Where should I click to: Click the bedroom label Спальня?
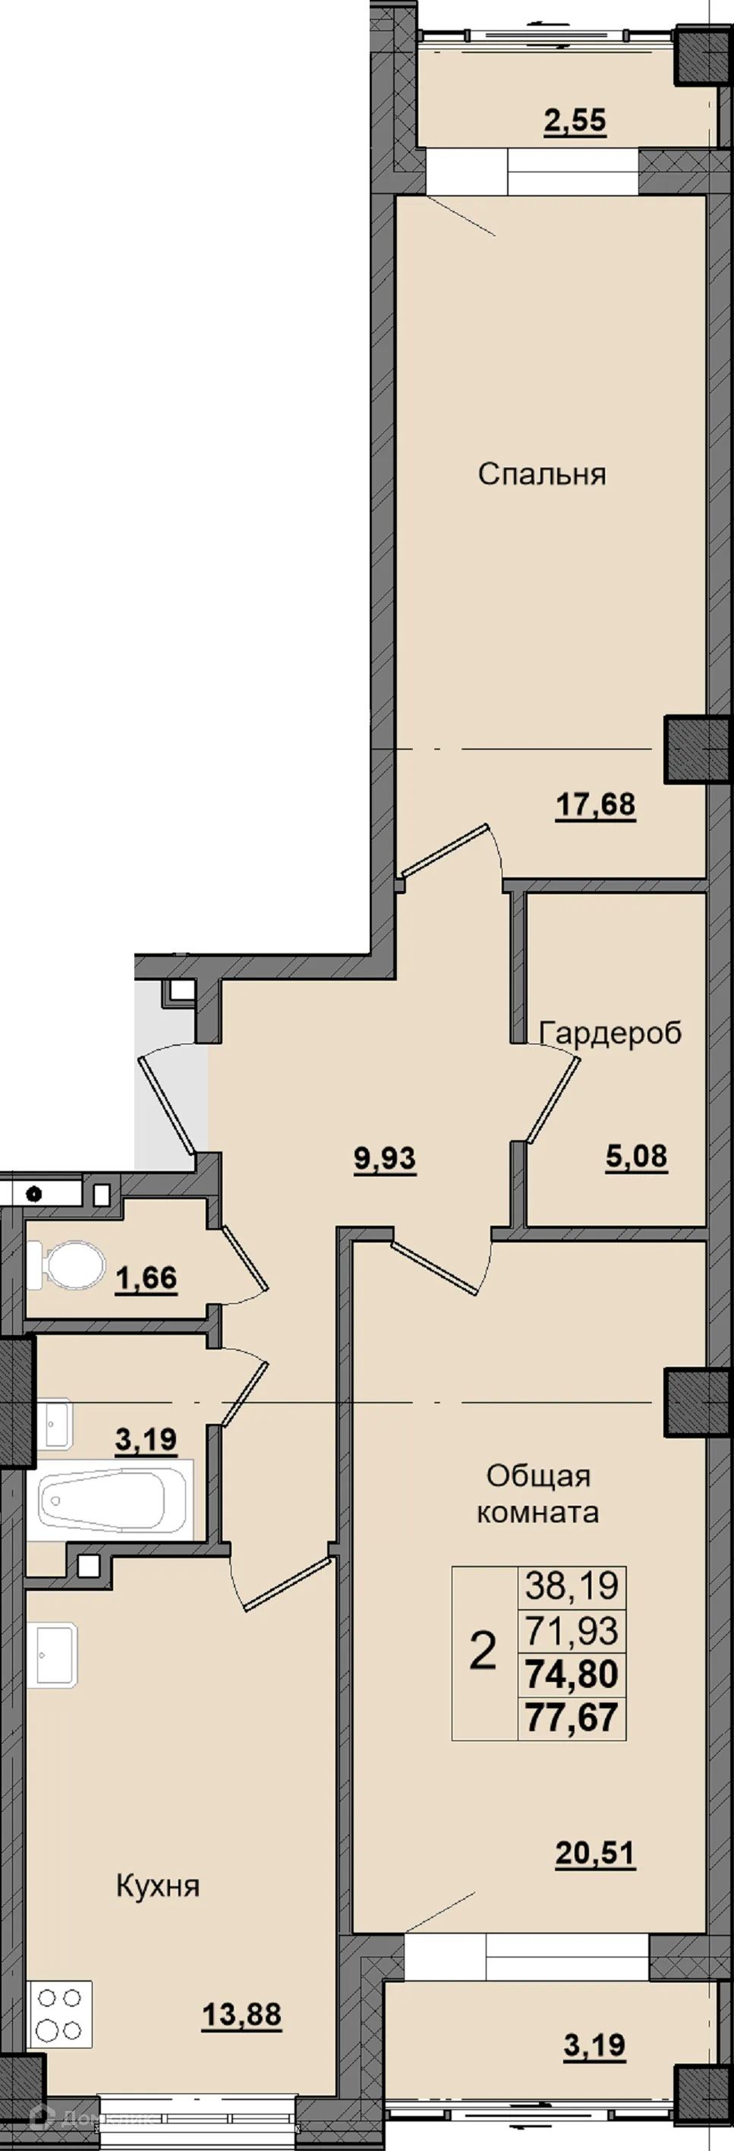point(541,474)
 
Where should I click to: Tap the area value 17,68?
point(595,805)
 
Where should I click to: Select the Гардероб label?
point(610,1033)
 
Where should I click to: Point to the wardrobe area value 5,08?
point(636,1157)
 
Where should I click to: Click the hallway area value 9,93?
point(385,1159)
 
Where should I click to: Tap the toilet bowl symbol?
point(67,1264)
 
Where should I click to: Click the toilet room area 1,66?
point(146,1278)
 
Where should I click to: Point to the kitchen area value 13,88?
point(241,2016)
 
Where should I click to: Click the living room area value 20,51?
point(595,1853)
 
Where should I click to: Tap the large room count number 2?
point(484,1651)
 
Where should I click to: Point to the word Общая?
point(539,1475)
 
